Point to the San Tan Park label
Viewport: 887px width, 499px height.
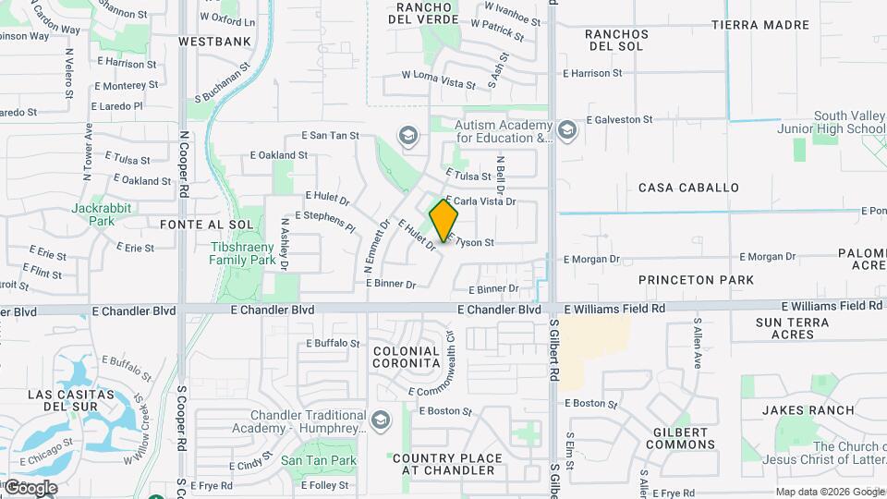[318, 460]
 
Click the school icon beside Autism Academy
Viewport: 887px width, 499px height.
[567, 131]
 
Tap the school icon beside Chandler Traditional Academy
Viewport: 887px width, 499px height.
[379, 422]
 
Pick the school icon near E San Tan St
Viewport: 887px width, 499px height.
[407, 137]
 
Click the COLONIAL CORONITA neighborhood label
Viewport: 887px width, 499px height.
[407, 358]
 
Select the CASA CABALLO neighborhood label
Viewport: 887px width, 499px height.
[688, 188]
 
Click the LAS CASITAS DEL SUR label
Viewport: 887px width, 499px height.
[71, 401]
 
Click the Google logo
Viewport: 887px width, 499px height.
[30, 488]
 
